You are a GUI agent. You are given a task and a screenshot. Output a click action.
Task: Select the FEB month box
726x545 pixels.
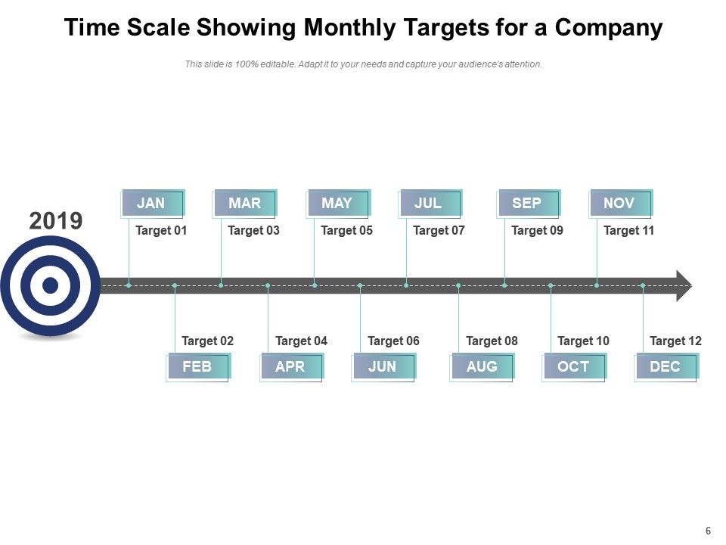coord(198,366)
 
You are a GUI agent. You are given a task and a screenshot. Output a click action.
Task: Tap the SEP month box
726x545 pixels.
coord(528,203)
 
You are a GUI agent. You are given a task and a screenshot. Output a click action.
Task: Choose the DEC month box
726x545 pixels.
coord(665,366)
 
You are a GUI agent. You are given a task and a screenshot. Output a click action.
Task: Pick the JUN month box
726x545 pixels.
coord(383,366)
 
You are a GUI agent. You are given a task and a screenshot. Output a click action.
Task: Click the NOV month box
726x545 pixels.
coord(620,203)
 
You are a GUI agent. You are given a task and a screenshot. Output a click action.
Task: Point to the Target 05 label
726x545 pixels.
coord(346,230)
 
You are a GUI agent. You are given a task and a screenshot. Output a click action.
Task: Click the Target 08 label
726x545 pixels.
coord(492,341)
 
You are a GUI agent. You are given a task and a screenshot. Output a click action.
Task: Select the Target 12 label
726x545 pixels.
coord(675,341)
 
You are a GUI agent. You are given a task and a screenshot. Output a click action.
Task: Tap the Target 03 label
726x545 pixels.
coord(253,230)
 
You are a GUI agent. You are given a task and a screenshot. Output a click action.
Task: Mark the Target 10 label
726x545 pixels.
coord(583,341)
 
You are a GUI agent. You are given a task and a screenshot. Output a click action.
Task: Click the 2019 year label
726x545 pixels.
coord(56,221)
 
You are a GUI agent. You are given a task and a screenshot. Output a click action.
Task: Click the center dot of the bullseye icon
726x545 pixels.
coord(51,285)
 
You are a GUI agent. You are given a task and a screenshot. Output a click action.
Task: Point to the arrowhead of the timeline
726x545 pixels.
coord(684,285)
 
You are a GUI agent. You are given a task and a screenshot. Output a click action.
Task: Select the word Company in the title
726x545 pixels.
coord(609,28)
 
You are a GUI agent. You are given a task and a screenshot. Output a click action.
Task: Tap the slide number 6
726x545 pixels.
coord(708,531)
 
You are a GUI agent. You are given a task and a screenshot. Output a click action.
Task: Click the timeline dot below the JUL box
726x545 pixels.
coord(406,285)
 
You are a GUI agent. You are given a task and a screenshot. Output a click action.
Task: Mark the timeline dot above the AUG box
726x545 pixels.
coord(458,285)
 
